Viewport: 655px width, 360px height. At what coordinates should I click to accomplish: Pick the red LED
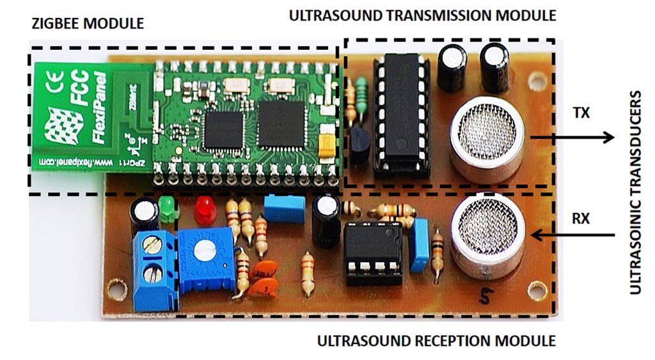point(205,208)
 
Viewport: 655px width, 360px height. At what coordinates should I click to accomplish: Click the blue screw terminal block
point(153,267)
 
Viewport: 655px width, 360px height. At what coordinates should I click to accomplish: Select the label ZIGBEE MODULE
point(88,24)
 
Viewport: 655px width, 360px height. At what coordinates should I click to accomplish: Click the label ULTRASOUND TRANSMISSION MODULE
point(423,15)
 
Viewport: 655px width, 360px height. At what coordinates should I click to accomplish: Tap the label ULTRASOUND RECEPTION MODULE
point(437,340)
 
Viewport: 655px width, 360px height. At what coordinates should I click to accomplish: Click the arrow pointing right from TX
point(569,137)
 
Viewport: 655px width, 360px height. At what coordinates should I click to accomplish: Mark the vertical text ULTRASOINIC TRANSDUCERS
point(635,192)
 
